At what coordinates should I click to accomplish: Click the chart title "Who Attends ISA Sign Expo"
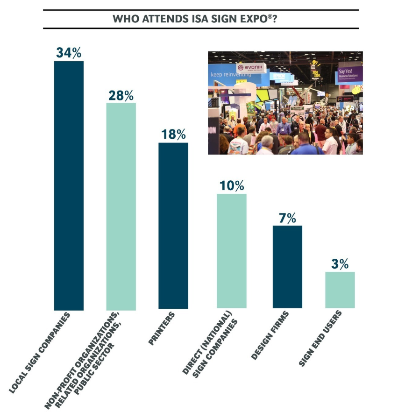click(x=201, y=20)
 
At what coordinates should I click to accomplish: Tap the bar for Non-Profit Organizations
click(x=121, y=206)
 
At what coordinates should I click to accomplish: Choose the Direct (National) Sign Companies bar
click(x=232, y=251)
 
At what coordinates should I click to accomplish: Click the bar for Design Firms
click(x=287, y=267)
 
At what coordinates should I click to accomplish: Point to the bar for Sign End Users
click(x=340, y=290)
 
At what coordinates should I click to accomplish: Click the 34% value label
click(x=69, y=52)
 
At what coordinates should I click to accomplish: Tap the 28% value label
click(x=121, y=95)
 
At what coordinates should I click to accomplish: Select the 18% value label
click(x=173, y=135)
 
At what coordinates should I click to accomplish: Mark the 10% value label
click(x=232, y=185)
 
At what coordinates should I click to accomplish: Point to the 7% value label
click(x=287, y=218)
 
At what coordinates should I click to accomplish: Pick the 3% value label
click(x=340, y=263)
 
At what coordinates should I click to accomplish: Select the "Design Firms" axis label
click(x=270, y=336)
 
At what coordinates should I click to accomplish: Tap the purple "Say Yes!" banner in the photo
click(x=349, y=73)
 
